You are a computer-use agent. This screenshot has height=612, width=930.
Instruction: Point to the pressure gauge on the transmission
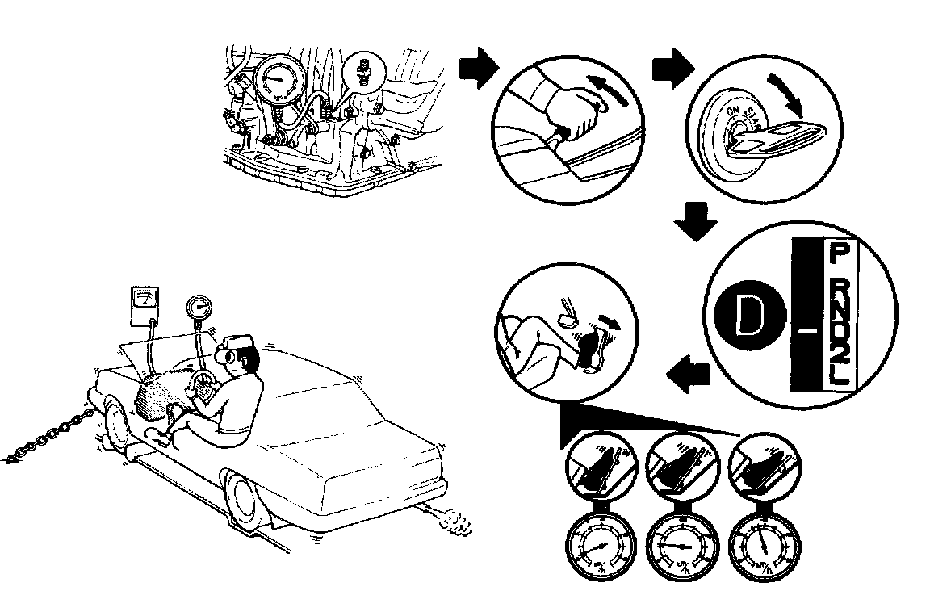pos(277,84)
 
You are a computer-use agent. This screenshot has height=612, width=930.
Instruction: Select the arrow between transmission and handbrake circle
pos(476,67)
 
